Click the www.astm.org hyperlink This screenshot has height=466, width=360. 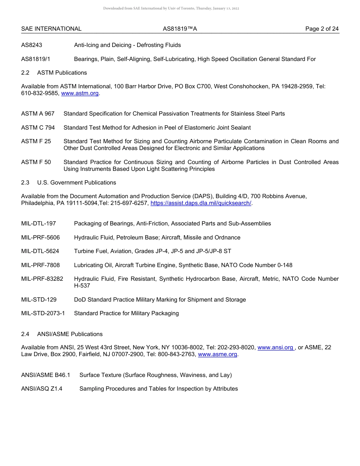[80, 93]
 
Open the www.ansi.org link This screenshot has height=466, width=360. [275, 347]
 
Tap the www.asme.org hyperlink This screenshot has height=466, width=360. [218, 355]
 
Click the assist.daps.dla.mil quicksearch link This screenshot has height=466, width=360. [201, 203]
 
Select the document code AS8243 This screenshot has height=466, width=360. [32, 45]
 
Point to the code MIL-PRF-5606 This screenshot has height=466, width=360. [41, 238]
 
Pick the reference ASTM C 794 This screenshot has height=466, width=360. [38, 128]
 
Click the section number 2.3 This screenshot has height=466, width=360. [25, 183]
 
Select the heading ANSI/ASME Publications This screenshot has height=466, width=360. [70, 334]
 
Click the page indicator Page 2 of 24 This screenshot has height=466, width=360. [322, 29]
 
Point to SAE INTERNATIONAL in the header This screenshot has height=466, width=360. [51, 29]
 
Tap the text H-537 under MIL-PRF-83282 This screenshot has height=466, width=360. [82, 286]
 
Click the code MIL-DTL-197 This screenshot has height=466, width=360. [39, 224]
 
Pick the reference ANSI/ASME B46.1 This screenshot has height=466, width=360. [46, 375]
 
